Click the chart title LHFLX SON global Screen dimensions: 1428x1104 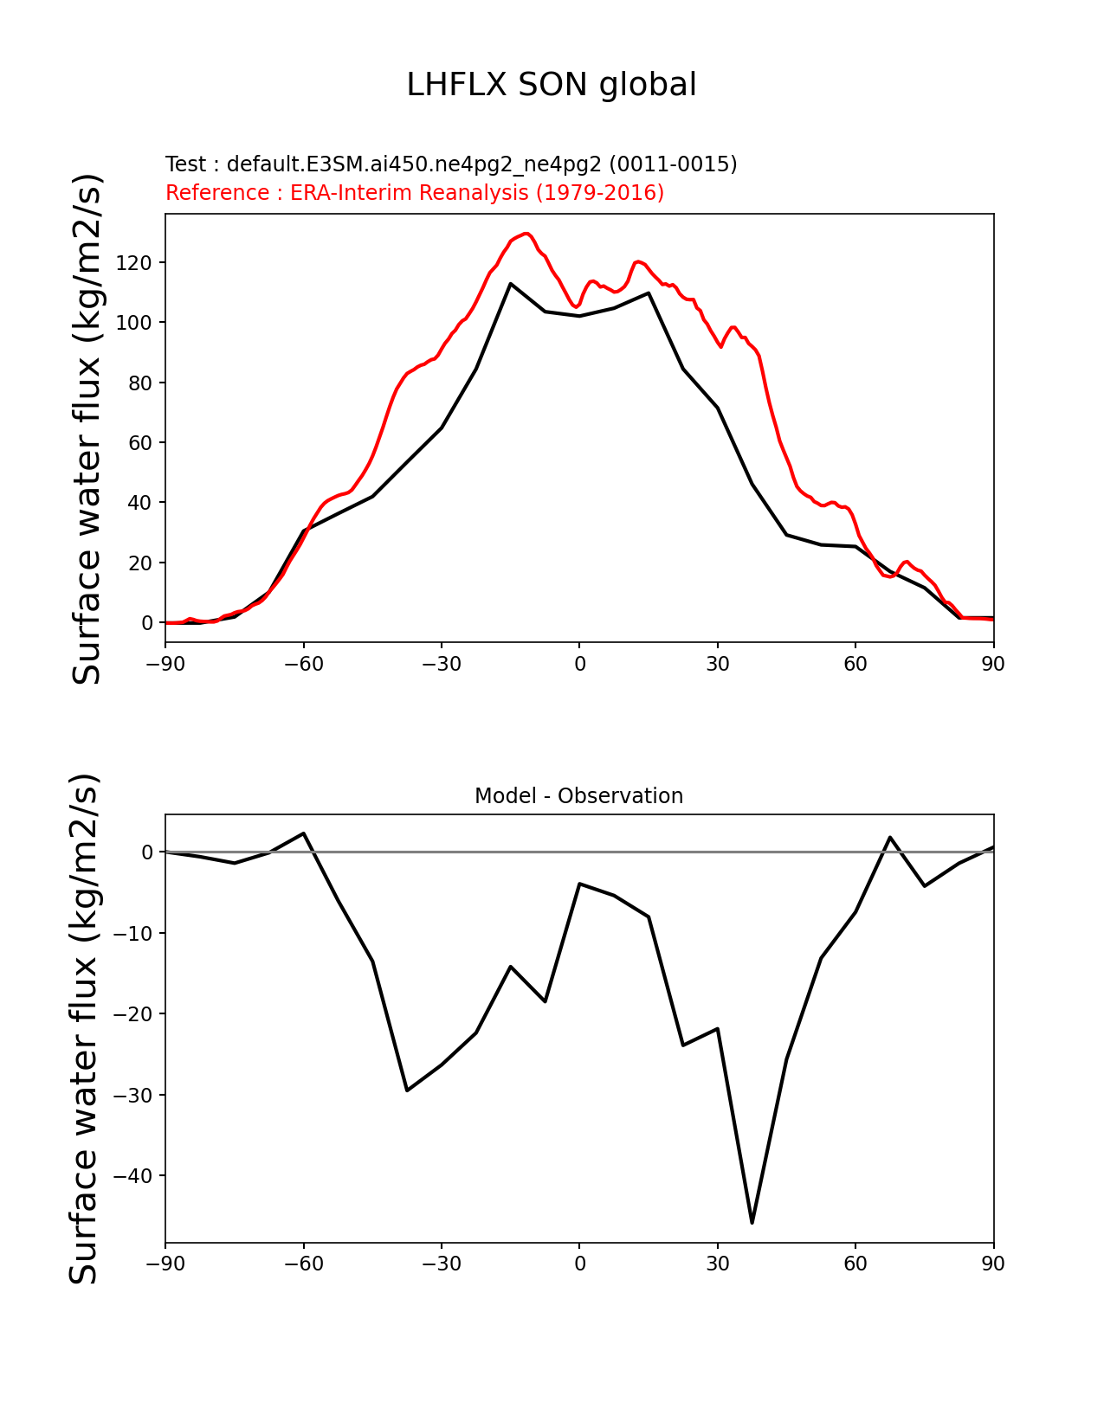[552, 85]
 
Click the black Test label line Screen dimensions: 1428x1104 [451, 164]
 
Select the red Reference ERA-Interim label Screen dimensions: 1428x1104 [415, 192]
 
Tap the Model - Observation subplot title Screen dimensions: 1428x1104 [578, 796]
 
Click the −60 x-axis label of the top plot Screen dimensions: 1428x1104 [303, 664]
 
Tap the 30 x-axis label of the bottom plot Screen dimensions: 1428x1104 [718, 1264]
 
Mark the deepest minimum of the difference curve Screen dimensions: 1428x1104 [752, 1222]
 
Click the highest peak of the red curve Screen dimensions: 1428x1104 [526, 234]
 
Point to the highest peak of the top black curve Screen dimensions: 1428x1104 [511, 284]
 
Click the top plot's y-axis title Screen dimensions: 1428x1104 [87, 428]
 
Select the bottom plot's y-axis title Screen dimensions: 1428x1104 [84, 1029]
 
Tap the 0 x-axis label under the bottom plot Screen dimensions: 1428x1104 [579, 1264]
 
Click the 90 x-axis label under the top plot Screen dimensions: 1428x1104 [993, 664]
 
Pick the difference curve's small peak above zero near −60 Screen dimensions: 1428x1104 [303, 833]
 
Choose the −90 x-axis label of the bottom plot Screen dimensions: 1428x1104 [165, 1264]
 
